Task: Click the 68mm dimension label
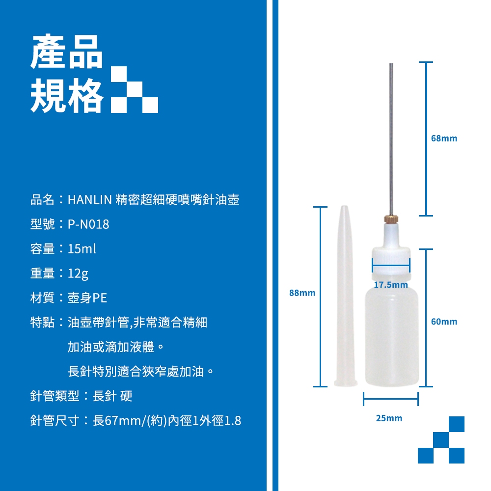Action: pyautogui.click(x=444, y=138)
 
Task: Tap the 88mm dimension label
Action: pyautogui.click(x=302, y=293)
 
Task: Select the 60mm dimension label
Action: pyautogui.click(x=444, y=322)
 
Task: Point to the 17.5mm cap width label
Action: pyautogui.click(x=391, y=285)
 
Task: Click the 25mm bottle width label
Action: pyautogui.click(x=389, y=418)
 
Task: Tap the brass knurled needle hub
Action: pyautogui.click(x=391, y=219)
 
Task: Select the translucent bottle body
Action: pyautogui.click(x=392, y=337)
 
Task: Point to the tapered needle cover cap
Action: pyautogui.click(x=345, y=296)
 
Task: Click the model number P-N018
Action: pyautogui.click(x=88, y=224)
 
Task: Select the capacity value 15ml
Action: pyautogui.click(x=82, y=248)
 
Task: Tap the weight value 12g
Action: pyautogui.click(x=78, y=273)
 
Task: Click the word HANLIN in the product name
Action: pyautogui.click(x=90, y=199)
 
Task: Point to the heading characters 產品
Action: pyautogui.click(x=67, y=52)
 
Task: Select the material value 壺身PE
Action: pyautogui.click(x=87, y=298)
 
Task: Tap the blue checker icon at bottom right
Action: pyautogui.click(x=441, y=439)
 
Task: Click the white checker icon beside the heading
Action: pyautogui.click(x=135, y=89)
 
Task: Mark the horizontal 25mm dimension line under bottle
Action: pyautogui.click(x=391, y=399)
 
